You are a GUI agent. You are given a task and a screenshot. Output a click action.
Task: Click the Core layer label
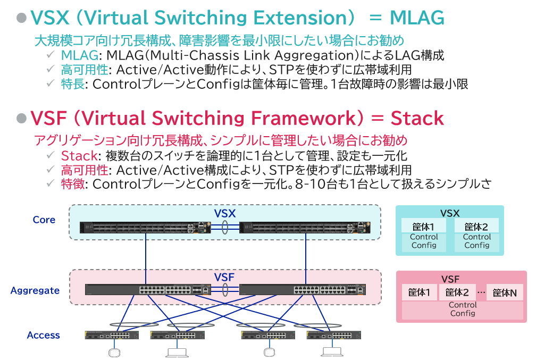point(44,220)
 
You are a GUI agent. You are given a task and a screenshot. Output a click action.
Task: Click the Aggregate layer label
point(35,290)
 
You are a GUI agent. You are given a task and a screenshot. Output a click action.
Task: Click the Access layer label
point(43,335)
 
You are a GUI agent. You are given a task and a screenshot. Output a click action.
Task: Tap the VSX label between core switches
point(224,213)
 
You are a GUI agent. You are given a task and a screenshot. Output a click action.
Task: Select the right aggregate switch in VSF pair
point(303,290)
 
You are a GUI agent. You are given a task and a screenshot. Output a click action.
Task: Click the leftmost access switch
point(111,335)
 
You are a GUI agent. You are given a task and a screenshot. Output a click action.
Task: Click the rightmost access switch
point(333,335)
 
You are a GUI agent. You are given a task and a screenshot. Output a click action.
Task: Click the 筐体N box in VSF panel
point(504,292)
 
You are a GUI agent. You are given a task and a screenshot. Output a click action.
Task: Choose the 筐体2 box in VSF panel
point(457,292)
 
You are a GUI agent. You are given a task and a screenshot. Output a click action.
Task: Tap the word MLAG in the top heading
point(416,18)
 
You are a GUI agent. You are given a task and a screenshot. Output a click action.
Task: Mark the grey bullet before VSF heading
point(21,118)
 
